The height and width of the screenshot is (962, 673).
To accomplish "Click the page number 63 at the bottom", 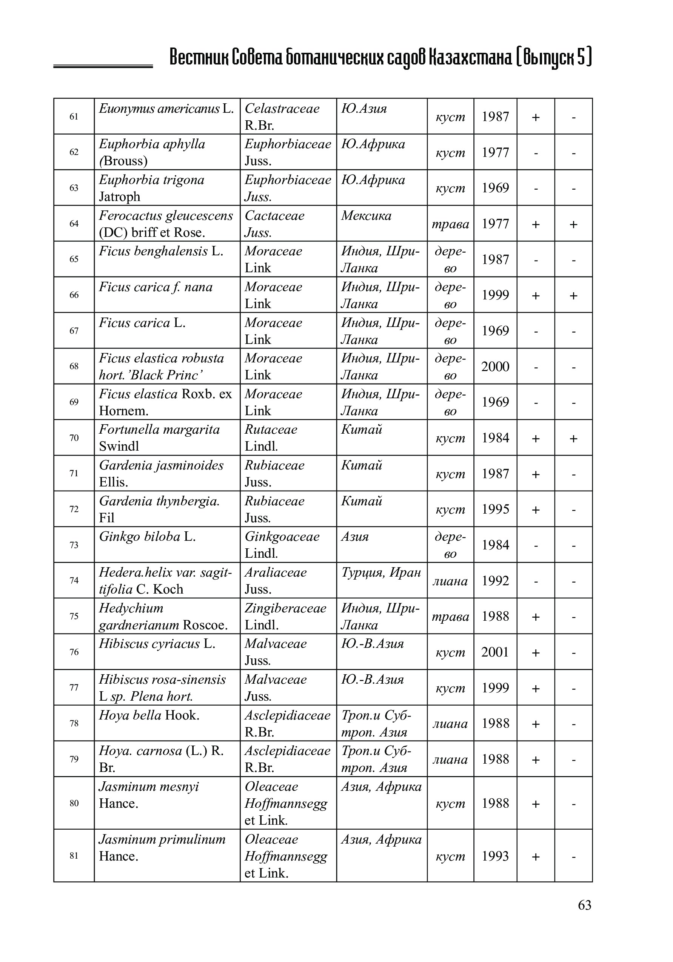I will tap(584, 905).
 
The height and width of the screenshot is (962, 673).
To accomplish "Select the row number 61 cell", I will tap(74, 117).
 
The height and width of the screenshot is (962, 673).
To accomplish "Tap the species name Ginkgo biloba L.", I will tap(147, 537).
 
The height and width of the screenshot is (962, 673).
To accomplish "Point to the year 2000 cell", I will tap(495, 367).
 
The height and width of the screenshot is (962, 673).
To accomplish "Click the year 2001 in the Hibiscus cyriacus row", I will tap(495, 652).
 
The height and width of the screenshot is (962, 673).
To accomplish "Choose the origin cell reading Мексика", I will tap(366, 216).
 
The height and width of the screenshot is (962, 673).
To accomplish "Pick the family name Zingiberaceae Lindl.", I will tap(285, 616).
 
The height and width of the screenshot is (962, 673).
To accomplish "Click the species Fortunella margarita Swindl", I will tap(159, 437).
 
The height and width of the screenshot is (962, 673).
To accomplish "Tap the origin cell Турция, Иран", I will tap(381, 572).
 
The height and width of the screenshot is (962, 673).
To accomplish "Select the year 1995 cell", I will tap(495, 509).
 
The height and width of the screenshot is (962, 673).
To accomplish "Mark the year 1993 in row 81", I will tap(495, 856).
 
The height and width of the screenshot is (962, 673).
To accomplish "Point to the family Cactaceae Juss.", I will tap(274, 223).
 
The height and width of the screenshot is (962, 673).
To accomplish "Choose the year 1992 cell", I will tap(495, 581).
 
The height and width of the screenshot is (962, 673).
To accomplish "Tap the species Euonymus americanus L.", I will tap(166, 109).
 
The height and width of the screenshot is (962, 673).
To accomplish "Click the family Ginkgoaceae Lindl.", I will tap(282, 545).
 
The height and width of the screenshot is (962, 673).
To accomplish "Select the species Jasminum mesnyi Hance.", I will tap(148, 795).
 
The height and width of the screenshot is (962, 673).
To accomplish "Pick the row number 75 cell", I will tap(74, 616).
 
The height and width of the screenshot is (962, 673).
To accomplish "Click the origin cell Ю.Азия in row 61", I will tap(363, 109).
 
